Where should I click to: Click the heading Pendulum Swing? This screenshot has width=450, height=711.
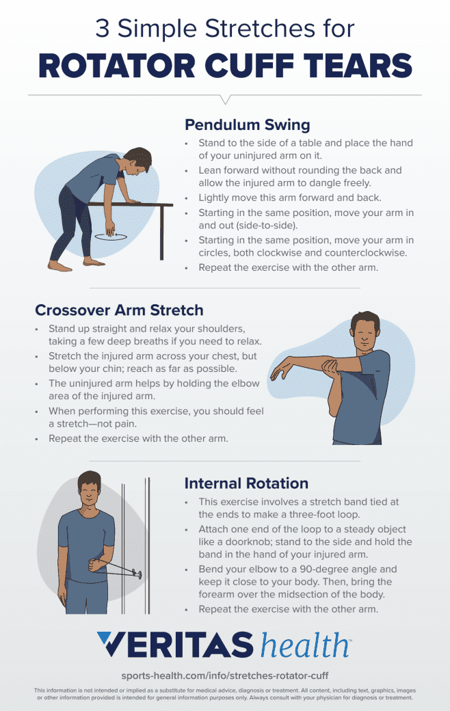tap(247, 125)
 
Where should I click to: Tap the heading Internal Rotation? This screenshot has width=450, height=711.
tap(246, 483)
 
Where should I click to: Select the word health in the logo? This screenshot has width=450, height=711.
tap(304, 645)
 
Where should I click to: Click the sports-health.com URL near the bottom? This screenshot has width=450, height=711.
tap(225, 675)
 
